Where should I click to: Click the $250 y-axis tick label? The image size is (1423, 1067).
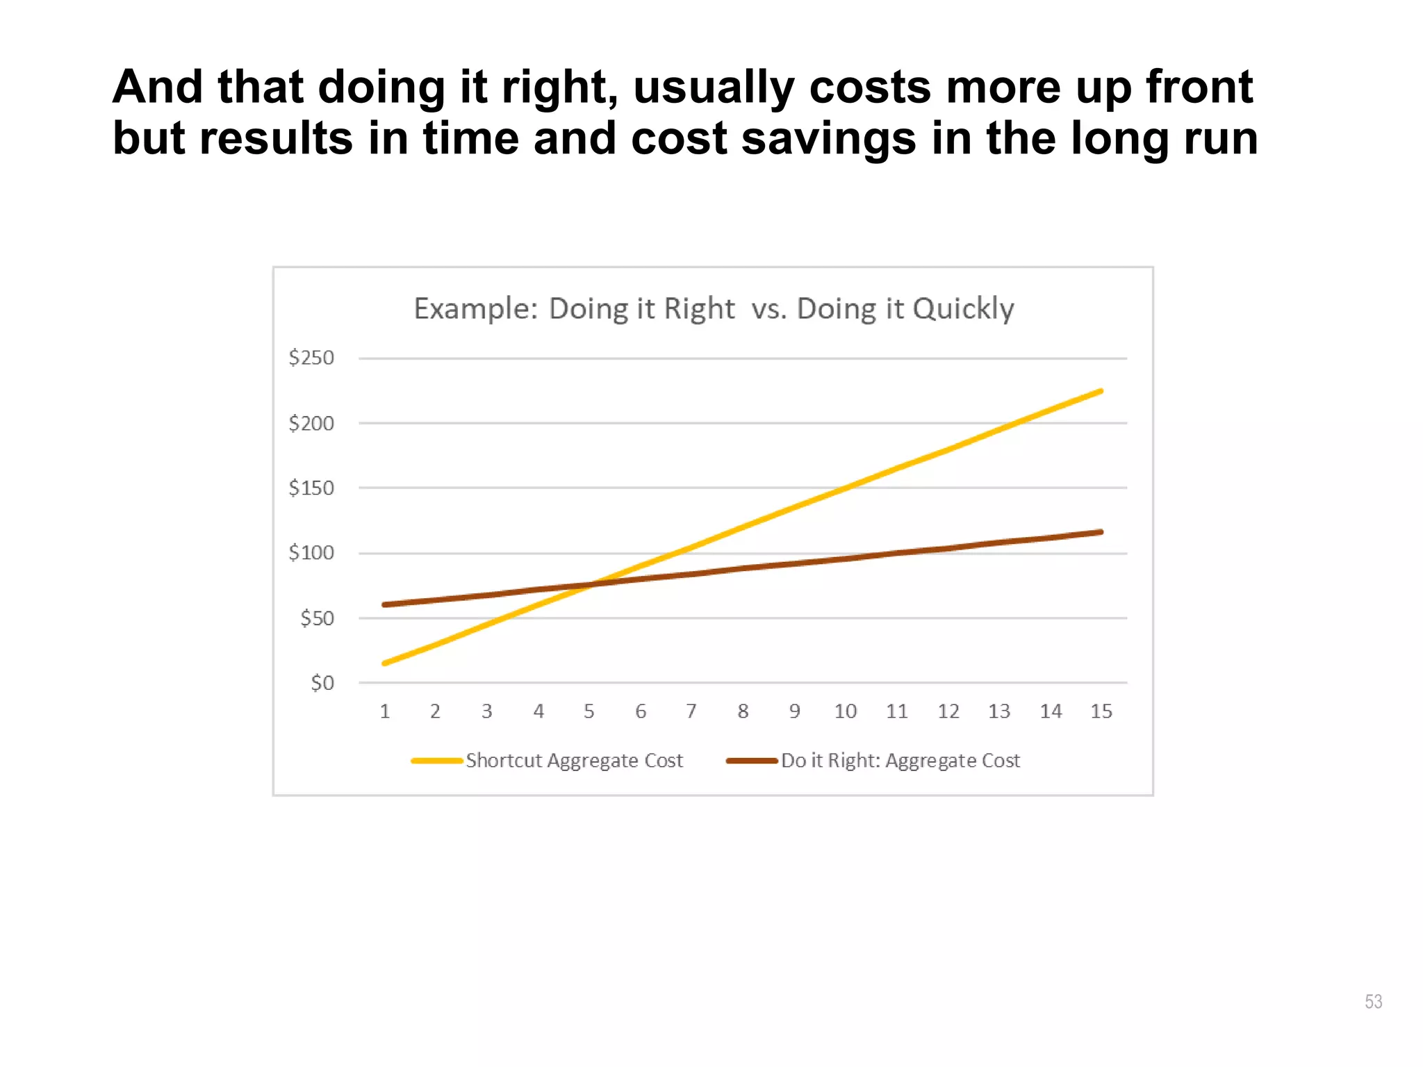(311, 358)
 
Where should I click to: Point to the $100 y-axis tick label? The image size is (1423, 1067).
(311, 553)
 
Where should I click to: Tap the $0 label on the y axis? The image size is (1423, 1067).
(322, 683)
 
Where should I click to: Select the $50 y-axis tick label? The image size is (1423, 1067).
(317, 618)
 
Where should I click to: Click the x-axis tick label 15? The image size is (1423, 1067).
(1101, 711)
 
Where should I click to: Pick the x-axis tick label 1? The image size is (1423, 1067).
(385, 711)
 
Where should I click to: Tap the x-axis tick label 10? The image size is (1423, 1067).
(846, 711)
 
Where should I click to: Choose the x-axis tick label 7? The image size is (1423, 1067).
(691, 711)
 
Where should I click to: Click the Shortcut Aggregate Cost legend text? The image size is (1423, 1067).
(574, 761)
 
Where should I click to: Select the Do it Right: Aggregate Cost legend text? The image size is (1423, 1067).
(900, 761)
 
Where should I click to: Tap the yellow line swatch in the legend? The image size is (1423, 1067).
(436, 761)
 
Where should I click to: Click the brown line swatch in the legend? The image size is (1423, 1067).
(751, 761)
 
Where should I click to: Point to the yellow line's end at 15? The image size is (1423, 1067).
(1101, 391)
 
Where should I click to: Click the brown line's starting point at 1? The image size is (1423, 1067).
(385, 604)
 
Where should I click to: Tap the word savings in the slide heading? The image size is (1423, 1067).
(829, 138)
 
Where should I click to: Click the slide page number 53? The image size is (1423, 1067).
(1373, 1001)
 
